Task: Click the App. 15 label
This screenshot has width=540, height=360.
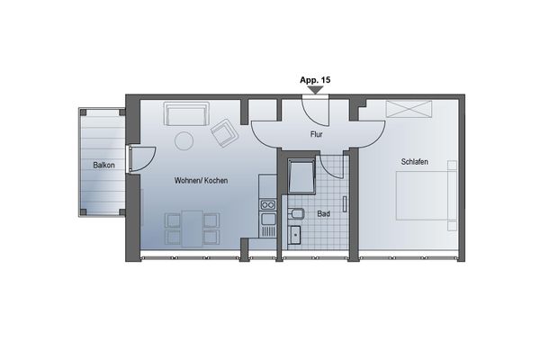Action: [314, 80]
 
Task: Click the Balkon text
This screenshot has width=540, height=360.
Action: [102, 166]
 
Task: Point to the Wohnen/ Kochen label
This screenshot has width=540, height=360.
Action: [201, 181]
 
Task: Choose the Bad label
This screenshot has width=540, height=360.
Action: [324, 214]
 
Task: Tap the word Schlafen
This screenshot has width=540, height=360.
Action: [409, 162]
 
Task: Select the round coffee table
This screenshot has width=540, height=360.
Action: [184, 140]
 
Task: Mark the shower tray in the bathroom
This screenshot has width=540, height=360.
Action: [300, 176]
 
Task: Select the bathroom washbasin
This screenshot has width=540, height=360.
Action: [295, 237]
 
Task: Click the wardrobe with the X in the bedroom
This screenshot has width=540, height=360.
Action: [409, 109]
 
